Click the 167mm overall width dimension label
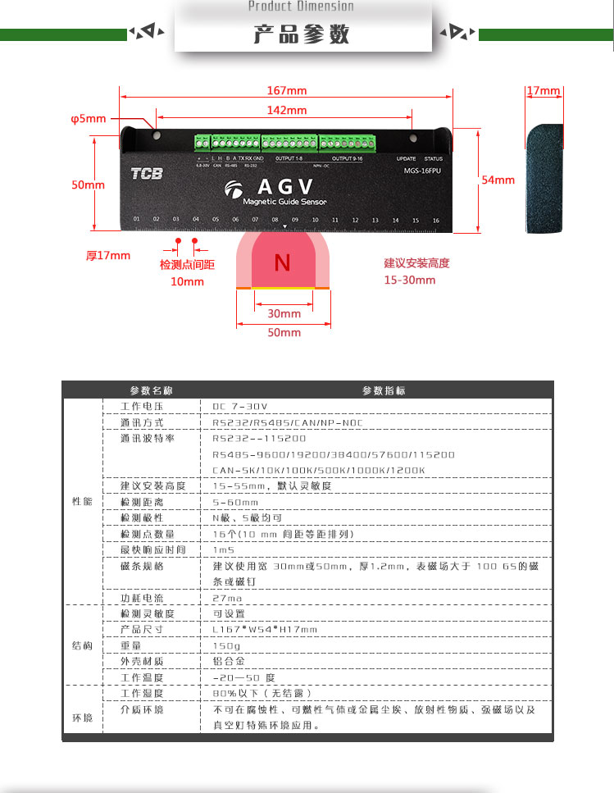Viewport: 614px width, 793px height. coord(286,90)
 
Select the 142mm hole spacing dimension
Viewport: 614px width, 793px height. coord(286,111)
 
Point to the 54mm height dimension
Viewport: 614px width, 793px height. coord(498,180)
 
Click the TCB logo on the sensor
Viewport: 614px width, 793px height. coord(147,173)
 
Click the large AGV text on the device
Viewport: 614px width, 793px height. coord(284,185)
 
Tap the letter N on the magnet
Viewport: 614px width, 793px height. coord(282,262)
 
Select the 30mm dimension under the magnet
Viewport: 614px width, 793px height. coord(284,313)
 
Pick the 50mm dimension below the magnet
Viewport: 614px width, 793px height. coord(284,332)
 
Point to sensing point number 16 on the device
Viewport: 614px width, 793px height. coord(435,220)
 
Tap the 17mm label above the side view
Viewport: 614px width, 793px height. coord(543,90)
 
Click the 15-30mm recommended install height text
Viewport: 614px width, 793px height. coord(410,280)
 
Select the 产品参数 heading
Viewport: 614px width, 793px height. coord(302,34)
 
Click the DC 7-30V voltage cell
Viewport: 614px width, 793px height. coord(240,406)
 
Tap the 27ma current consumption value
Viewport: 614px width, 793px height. coord(226,598)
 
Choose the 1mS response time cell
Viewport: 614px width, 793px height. coord(224,549)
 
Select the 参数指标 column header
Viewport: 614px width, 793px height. coord(384,390)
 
